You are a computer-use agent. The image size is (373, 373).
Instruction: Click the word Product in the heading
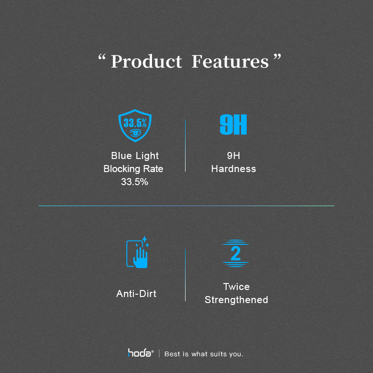(146, 62)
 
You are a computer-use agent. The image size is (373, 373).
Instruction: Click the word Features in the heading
(230, 62)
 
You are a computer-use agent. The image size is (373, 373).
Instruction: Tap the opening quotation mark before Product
(102, 57)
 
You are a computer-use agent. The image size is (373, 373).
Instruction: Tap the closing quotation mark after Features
(277, 57)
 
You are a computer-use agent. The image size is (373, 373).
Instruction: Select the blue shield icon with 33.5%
(135, 125)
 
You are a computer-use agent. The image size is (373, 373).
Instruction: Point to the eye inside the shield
(135, 133)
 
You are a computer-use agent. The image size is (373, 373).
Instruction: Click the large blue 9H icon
(233, 124)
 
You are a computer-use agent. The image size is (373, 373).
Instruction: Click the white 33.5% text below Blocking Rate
(134, 182)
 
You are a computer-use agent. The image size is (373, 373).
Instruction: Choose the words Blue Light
(135, 156)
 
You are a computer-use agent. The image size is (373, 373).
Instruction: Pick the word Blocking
(122, 169)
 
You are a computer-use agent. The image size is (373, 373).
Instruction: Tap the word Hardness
(234, 169)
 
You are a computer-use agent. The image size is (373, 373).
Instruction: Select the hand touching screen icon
(138, 252)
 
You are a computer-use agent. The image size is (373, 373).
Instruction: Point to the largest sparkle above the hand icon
(145, 239)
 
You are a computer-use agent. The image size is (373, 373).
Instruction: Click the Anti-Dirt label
(136, 294)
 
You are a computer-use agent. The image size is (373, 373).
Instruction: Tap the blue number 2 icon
(235, 253)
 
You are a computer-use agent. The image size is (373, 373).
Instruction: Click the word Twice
(236, 287)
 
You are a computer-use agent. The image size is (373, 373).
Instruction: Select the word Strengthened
(236, 300)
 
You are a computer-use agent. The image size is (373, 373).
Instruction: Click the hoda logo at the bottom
(140, 353)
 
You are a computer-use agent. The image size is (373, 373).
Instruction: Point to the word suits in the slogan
(218, 354)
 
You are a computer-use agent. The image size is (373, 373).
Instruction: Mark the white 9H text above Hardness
(234, 156)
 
